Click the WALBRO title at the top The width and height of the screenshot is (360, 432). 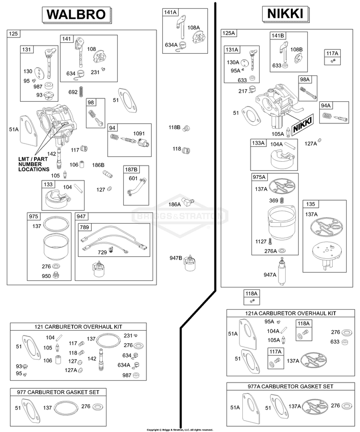pyautogui.click(x=76, y=14)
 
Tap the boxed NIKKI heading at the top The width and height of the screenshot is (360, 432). pyautogui.click(x=285, y=14)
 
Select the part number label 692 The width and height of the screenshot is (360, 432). pyautogui.click(x=72, y=92)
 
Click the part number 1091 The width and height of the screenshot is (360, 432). pyautogui.click(x=139, y=133)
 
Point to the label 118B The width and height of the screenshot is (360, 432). pyautogui.click(x=174, y=127)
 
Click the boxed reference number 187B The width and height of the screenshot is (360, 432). pyautogui.click(x=132, y=169)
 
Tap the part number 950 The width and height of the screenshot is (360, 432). pyautogui.click(x=46, y=276)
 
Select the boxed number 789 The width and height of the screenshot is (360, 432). pyautogui.click(x=84, y=228)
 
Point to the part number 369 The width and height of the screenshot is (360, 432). pyautogui.click(x=274, y=201)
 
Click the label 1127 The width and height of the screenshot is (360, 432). pyautogui.click(x=261, y=241)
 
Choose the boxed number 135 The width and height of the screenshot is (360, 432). pyautogui.click(x=311, y=204)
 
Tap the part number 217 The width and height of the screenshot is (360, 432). pyautogui.click(x=243, y=91)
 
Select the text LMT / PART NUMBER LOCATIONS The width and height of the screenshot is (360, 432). pyautogui.click(x=34, y=164)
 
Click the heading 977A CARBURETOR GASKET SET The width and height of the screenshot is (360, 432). pyautogui.click(x=290, y=386)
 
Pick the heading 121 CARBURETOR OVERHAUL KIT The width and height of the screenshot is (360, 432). pyautogui.click(x=78, y=327)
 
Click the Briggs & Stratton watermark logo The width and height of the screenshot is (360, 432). pyautogui.click(x=180, y=216)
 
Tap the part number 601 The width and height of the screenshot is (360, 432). pyautogui.click(x=133, y=178)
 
